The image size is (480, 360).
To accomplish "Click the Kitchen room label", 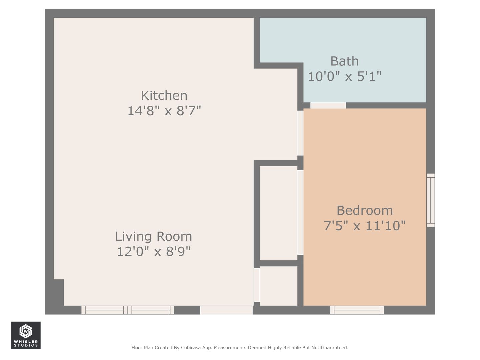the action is [x=164, y=96].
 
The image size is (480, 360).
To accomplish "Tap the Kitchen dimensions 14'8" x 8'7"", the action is [x=164, y=111].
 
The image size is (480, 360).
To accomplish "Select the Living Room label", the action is [x=154, y=237].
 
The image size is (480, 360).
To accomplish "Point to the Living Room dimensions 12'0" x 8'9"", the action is [x=154, y=252].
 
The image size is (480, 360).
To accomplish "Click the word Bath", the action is [x=344, y=61].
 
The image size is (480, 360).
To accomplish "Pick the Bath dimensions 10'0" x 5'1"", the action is [x=345, y=76].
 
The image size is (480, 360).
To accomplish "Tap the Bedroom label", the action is [x=365, y=210].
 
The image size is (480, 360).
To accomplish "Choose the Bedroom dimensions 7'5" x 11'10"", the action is [x=365, y=226].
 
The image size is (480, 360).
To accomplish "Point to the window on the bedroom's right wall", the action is [x=431, y=200].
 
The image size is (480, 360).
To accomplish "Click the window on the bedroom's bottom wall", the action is [x=357, y=310].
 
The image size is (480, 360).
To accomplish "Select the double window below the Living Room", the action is [x=128, y=310].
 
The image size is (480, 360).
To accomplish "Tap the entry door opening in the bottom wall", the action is [x=226, y=310].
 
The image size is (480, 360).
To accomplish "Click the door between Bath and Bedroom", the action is [x=328, y=105].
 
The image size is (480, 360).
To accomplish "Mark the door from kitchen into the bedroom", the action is [x=300, y=133].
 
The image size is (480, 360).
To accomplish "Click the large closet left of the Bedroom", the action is [x=278, y=213].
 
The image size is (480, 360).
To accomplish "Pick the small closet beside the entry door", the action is [x=278, y=286].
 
